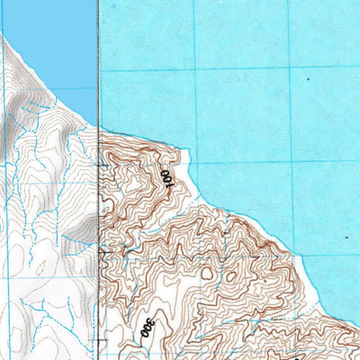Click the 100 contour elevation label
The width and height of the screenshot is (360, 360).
tap(166, 177)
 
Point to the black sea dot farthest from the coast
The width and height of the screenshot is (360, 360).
tap(309, 78)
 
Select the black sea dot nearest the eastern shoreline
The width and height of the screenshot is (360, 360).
tap(347, 237)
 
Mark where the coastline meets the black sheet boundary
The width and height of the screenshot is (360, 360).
tap(97, 126)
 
